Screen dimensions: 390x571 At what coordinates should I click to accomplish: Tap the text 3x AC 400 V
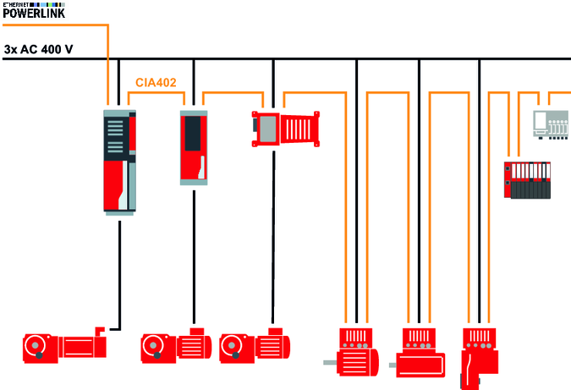[x=38, y=50]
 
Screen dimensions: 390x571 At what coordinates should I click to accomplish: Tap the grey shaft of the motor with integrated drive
[x=329, y=362]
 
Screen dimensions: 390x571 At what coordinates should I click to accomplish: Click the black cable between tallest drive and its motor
[x=119, y=271]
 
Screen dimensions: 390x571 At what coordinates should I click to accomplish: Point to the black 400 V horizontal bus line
[x=338, y=59]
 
